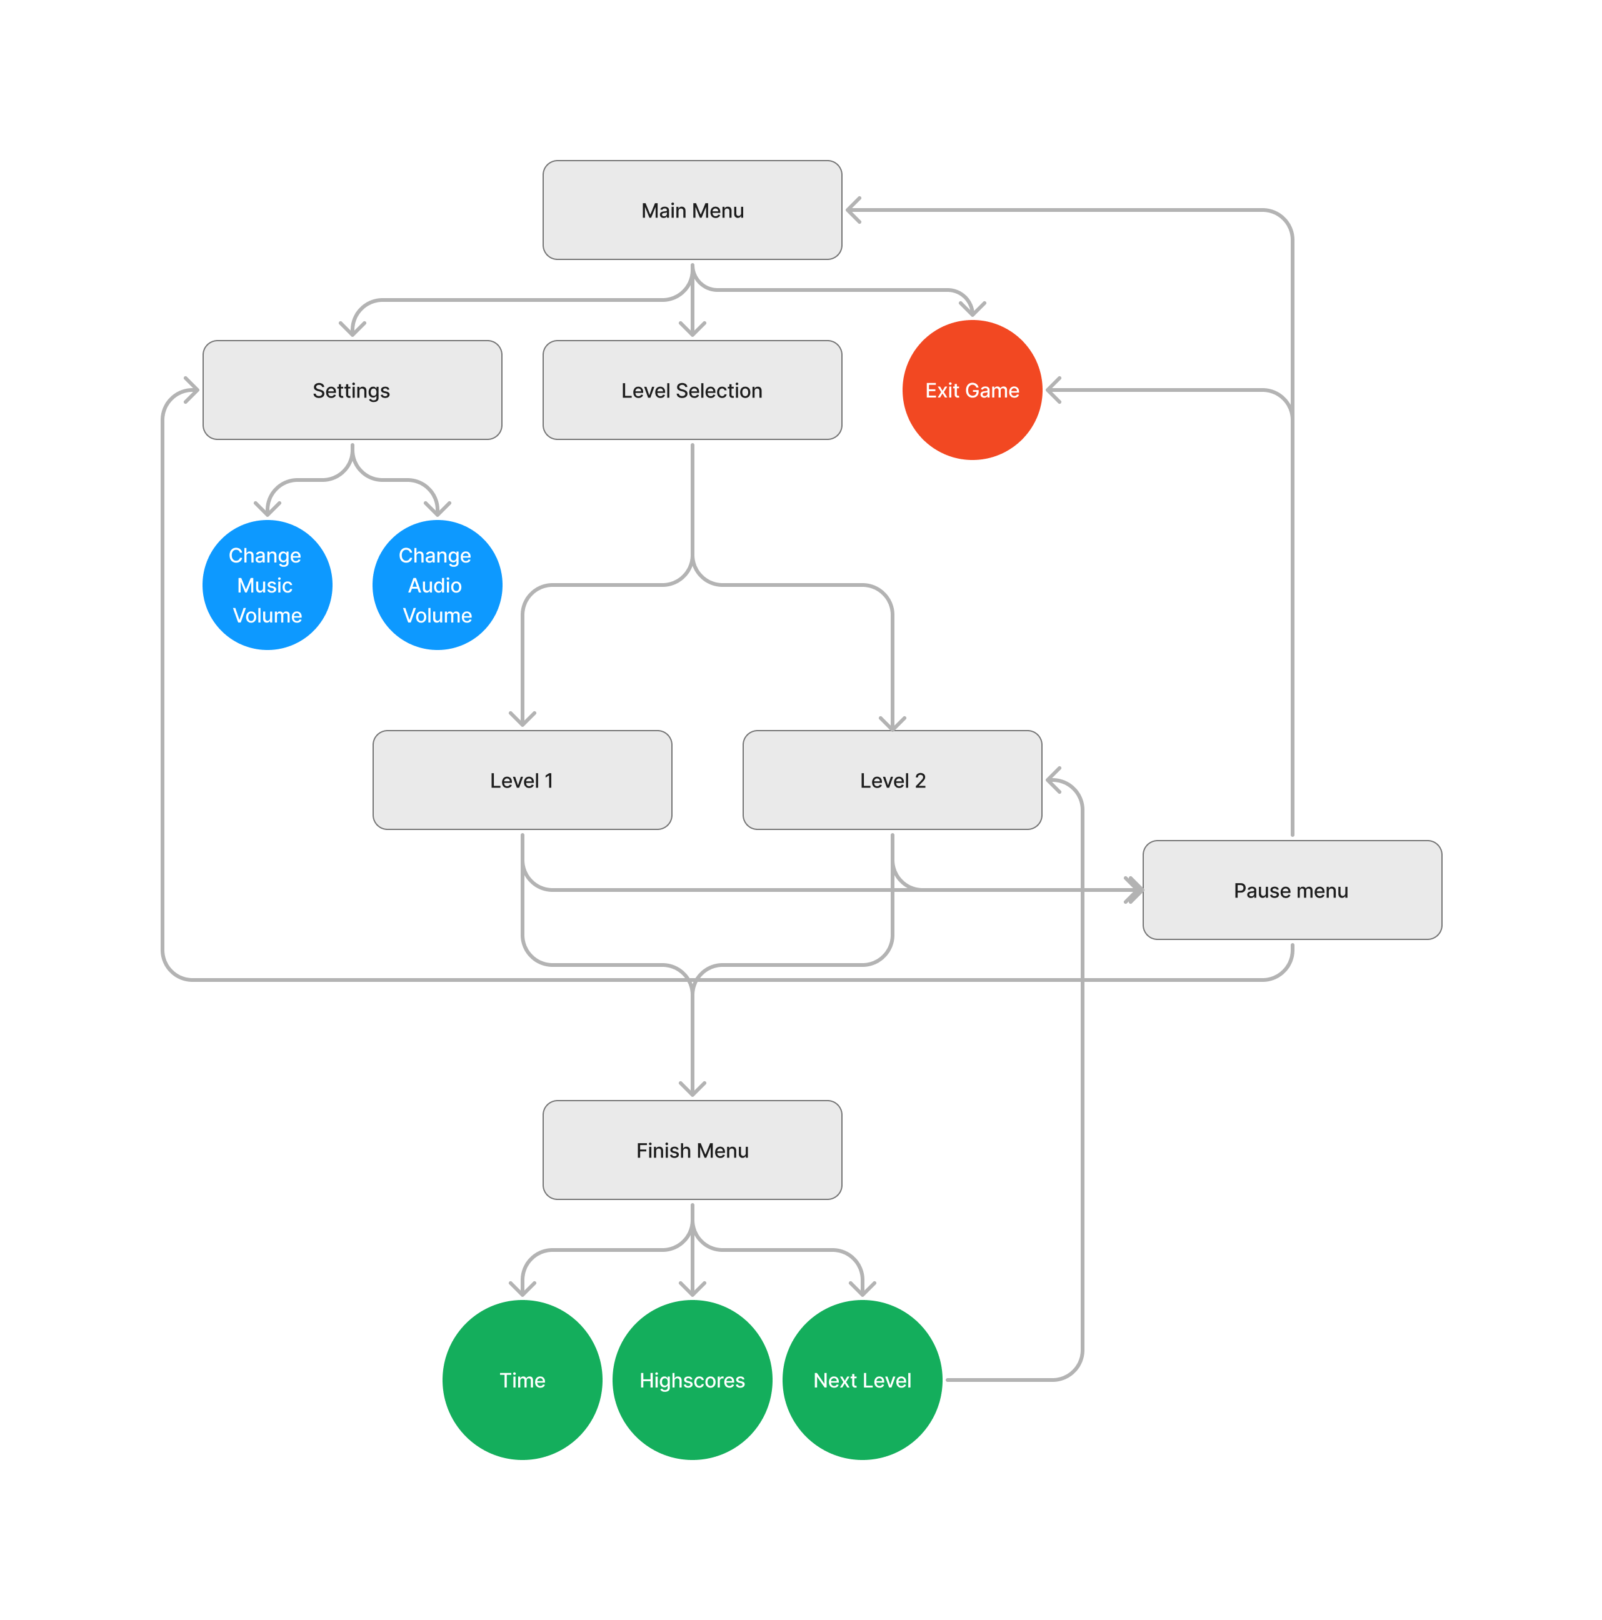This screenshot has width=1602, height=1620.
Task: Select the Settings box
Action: [351, 390]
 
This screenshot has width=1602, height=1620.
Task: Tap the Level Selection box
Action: [692, 390]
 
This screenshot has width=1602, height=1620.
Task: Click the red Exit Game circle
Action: [971, 390]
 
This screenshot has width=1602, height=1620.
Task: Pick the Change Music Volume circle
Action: [267, 584]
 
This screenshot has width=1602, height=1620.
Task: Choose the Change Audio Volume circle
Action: [437, 584]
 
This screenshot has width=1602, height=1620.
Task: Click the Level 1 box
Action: [522, 780]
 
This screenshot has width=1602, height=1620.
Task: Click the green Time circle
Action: [522, 1379]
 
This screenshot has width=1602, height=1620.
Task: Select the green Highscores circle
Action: [692, 1379]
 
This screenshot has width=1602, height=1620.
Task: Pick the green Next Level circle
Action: [861, 1379]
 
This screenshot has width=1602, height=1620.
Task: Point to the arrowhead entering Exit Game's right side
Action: [1053, 390]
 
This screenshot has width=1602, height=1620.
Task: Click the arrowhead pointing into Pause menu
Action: [1134, 889]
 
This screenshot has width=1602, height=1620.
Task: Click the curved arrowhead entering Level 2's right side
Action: [1053, 780]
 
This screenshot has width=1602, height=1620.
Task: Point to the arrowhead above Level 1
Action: [522, 719]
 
